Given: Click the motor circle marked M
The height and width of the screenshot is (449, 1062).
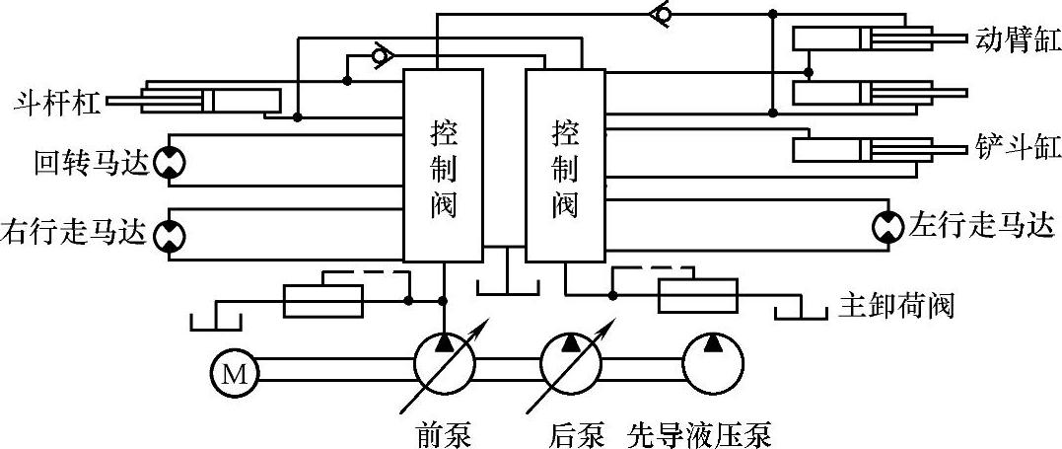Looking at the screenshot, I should click(233, 372).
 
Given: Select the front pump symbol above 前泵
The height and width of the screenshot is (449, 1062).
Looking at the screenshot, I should click(444, 364).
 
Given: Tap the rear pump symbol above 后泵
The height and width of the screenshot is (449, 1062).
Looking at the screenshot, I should click(572, 364).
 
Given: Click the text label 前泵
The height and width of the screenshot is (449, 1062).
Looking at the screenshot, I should click(440, 433).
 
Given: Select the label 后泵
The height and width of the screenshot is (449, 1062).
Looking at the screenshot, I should click(577, 433).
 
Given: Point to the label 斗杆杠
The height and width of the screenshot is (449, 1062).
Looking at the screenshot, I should click(57, 103).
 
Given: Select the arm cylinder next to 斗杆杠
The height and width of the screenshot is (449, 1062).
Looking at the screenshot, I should click(212, 100).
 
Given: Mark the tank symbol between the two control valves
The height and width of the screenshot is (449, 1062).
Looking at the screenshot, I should click(507, 284).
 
